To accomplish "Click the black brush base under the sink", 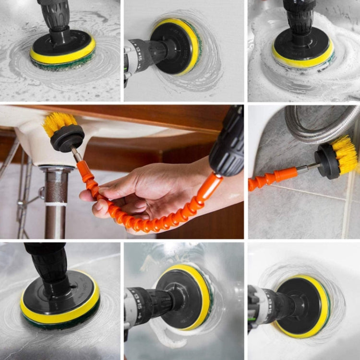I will (x=67, y=139).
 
